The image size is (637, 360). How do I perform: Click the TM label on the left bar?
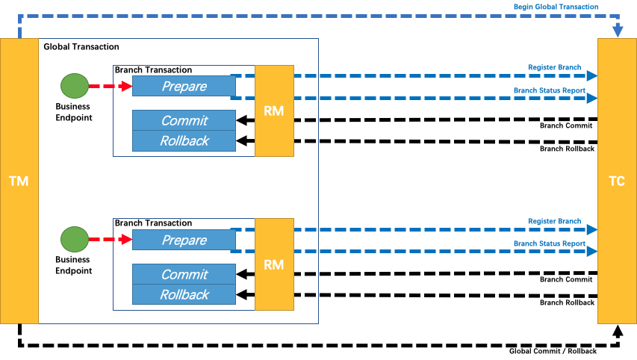coord(18,181)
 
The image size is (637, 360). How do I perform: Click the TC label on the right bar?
coord(617,181)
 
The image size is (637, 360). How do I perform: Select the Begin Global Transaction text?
coord(555,7)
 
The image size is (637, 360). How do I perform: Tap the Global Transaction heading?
coord(81,47)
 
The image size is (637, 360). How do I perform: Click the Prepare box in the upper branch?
coord(184,87)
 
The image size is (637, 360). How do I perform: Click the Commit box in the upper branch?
coord(184,120)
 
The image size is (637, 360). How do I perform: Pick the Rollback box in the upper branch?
coord(184,140)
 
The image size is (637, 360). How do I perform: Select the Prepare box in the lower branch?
coord(184,240)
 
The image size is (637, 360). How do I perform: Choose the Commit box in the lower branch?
coord(184,274)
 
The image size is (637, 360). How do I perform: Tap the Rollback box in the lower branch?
coord(184,294)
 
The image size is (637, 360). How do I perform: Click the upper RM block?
coord(274,111)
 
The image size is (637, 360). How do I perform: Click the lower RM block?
coord(274,264)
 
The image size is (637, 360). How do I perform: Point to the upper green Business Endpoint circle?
coord(74,86)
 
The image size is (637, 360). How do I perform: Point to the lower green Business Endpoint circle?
coord(74,240)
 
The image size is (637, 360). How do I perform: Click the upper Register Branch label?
coord(554,68)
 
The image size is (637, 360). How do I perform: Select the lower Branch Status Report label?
coord(549,243)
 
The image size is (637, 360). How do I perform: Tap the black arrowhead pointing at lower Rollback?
coord(241,295)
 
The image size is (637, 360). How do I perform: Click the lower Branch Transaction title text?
coord(153,223)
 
